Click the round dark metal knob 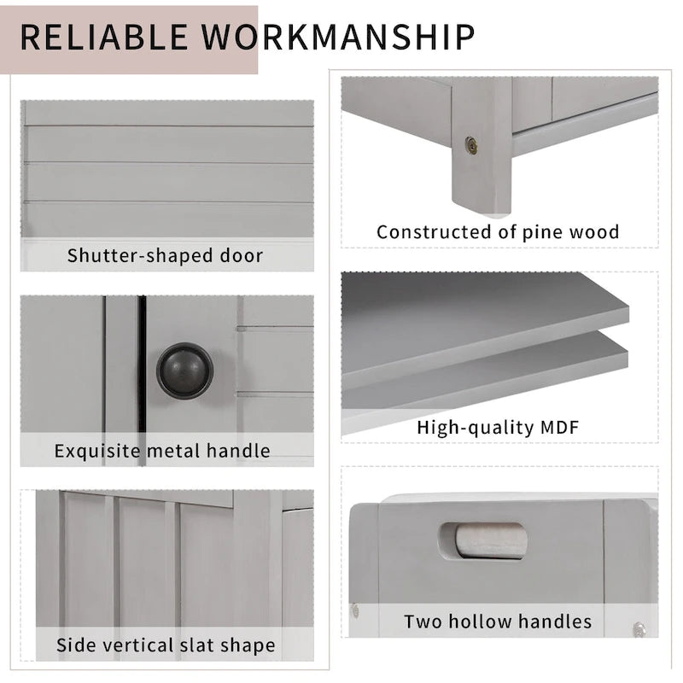(x=184, y=371)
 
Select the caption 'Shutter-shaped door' (x=166, y=255)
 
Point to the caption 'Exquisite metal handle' (x=162, y=450)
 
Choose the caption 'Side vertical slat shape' (x=166, y=645)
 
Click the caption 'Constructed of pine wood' (x=498, y=231)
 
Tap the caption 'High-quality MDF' (x=498, y=426)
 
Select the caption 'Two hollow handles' (x=498, y=621)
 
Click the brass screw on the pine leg (x=471, y=145)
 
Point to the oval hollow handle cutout (x=484, y=540)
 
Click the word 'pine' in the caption (x=546, y=231)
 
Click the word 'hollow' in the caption (x=488, y=621)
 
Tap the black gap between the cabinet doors (x=142, y=376)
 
